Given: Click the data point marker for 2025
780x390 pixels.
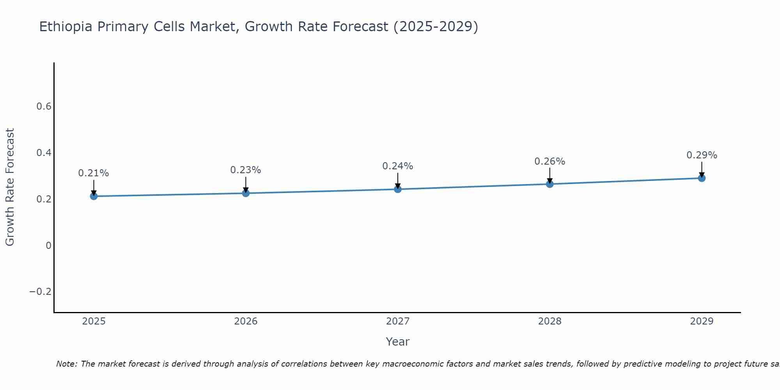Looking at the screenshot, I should click(94, 196).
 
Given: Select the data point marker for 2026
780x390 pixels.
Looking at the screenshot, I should click(246, 193).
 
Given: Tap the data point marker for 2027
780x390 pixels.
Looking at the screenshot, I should click(398, 189).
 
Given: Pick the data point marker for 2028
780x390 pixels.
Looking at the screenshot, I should click(550, 184).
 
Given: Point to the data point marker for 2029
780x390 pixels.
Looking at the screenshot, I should click(702, 178).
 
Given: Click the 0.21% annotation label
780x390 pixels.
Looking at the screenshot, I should click(94, 173).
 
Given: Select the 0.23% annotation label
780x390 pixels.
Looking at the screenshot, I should click(246, 170).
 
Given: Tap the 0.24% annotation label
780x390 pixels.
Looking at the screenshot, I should click(398, 166).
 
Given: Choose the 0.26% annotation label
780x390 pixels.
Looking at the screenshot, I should click(550, 161).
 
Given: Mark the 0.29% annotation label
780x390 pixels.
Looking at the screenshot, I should click(702, 155).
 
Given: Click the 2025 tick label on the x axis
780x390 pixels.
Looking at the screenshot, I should click(94, 321).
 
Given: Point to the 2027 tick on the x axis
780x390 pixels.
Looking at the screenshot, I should click(398, 321).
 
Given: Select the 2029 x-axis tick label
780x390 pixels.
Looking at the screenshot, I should click(702, 321).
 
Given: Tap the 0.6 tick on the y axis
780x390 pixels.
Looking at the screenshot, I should click(44, 106).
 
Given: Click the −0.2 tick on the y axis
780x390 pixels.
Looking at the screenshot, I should click(41, 292).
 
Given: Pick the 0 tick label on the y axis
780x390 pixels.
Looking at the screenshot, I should click(48, 246).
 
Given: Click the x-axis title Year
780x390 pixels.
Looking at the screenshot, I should click(397, 342).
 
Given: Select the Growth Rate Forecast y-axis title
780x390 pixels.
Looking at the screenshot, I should click(10, 187).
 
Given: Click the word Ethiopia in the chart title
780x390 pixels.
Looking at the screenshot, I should click(66, 27).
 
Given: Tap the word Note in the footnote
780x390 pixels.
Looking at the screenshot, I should click(67, 364).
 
